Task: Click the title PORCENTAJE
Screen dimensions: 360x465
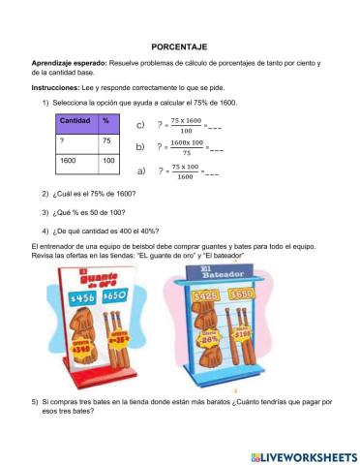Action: pyautogui.click(x=180, y=46)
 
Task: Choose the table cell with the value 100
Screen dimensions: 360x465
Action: pyautogui.click(x=107, y=160)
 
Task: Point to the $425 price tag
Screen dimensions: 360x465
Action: pyautogui.click(x=232, y=293)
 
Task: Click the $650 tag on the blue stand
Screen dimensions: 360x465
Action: pyautogui.click(x=268, y=293)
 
